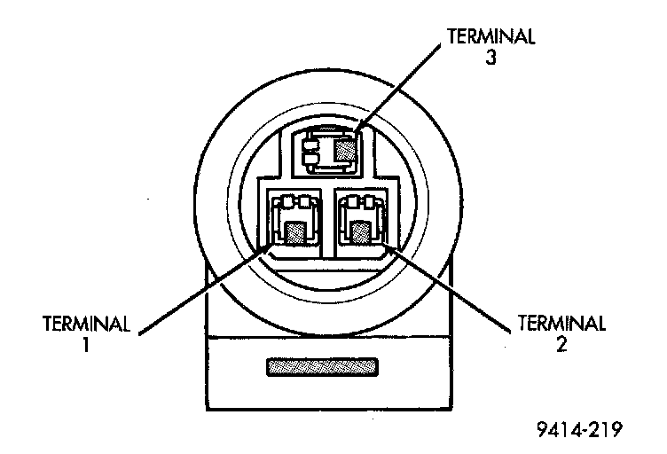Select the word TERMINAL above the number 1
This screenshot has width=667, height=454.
click(86, 323)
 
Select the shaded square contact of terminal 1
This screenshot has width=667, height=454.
click(295, 233)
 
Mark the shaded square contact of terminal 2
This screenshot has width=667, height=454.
click(361, 232)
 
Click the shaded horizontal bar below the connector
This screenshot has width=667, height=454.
click(324, 366)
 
